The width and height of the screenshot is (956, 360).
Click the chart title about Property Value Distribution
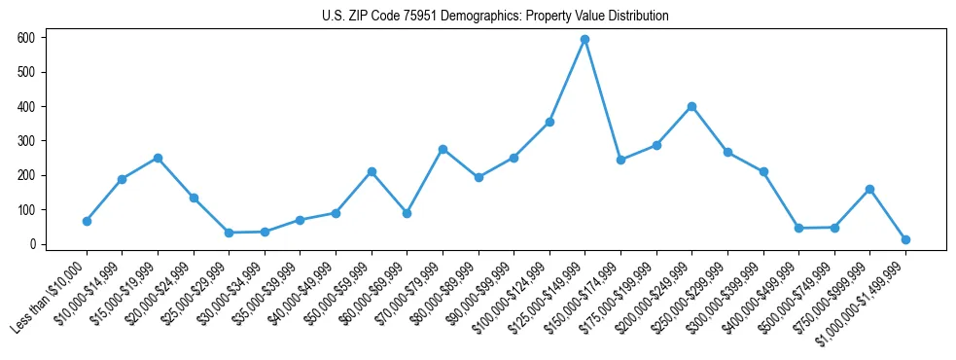(x=495, y=17)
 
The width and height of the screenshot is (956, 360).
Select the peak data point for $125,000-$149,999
(x=584, y=40)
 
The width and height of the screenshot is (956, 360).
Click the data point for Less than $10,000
(x=87, y=221)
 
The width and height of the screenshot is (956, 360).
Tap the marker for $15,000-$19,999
(x=158, y=158)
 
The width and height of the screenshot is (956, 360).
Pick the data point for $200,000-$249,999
(x=691, y=106)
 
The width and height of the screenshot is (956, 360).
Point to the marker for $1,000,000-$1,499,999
(x=905, y=239)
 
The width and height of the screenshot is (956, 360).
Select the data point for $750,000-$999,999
(x=869, y=189)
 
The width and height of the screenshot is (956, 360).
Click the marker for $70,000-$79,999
(x=443, y=149)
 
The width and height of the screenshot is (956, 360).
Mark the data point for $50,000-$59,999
(x=372, y=171)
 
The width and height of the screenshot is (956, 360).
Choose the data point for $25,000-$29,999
(x=229, y=233)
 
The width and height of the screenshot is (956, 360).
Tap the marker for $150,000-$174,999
(x=620, y=160)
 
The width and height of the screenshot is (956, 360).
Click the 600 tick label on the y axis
(x=26, y=38)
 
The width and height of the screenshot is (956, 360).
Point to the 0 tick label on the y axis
(x=33, y=244)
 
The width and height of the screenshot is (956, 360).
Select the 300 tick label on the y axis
(x=26, y=141)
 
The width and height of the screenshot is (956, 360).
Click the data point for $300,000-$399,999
(x=763, y=172)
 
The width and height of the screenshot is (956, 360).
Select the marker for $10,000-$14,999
(x=122, y=179)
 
